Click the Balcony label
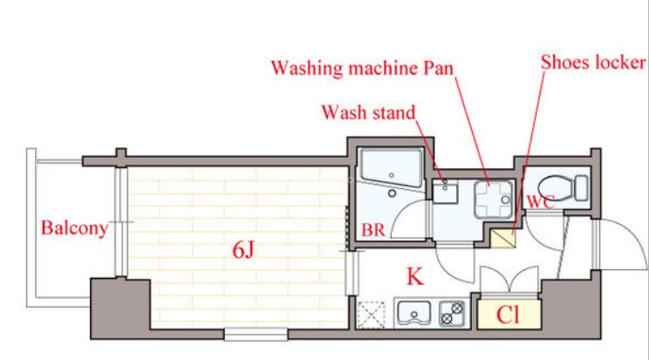point(74,228)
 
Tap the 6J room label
point(243,249)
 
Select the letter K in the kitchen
point(415,276)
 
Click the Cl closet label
point(508,315)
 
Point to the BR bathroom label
point(373,230)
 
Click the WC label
point(541,202)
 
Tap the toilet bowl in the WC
point(556,188)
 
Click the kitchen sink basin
point(413,313)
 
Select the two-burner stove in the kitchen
point(452,313)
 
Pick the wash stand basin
point(445,192)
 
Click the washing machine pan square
point(494,200)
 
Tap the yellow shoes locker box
point(503,239)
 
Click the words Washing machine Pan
point(362,68)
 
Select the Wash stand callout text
point(368,112)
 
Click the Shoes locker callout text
point(593,62)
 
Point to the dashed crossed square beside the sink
point(372,315)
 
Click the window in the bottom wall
point(256,334)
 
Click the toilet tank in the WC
point(581,188)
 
